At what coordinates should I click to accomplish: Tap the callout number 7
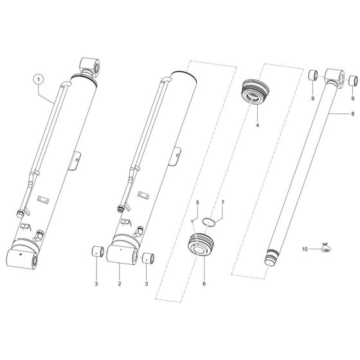click(224, 203)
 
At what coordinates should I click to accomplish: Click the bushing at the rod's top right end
click(354, 82)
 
